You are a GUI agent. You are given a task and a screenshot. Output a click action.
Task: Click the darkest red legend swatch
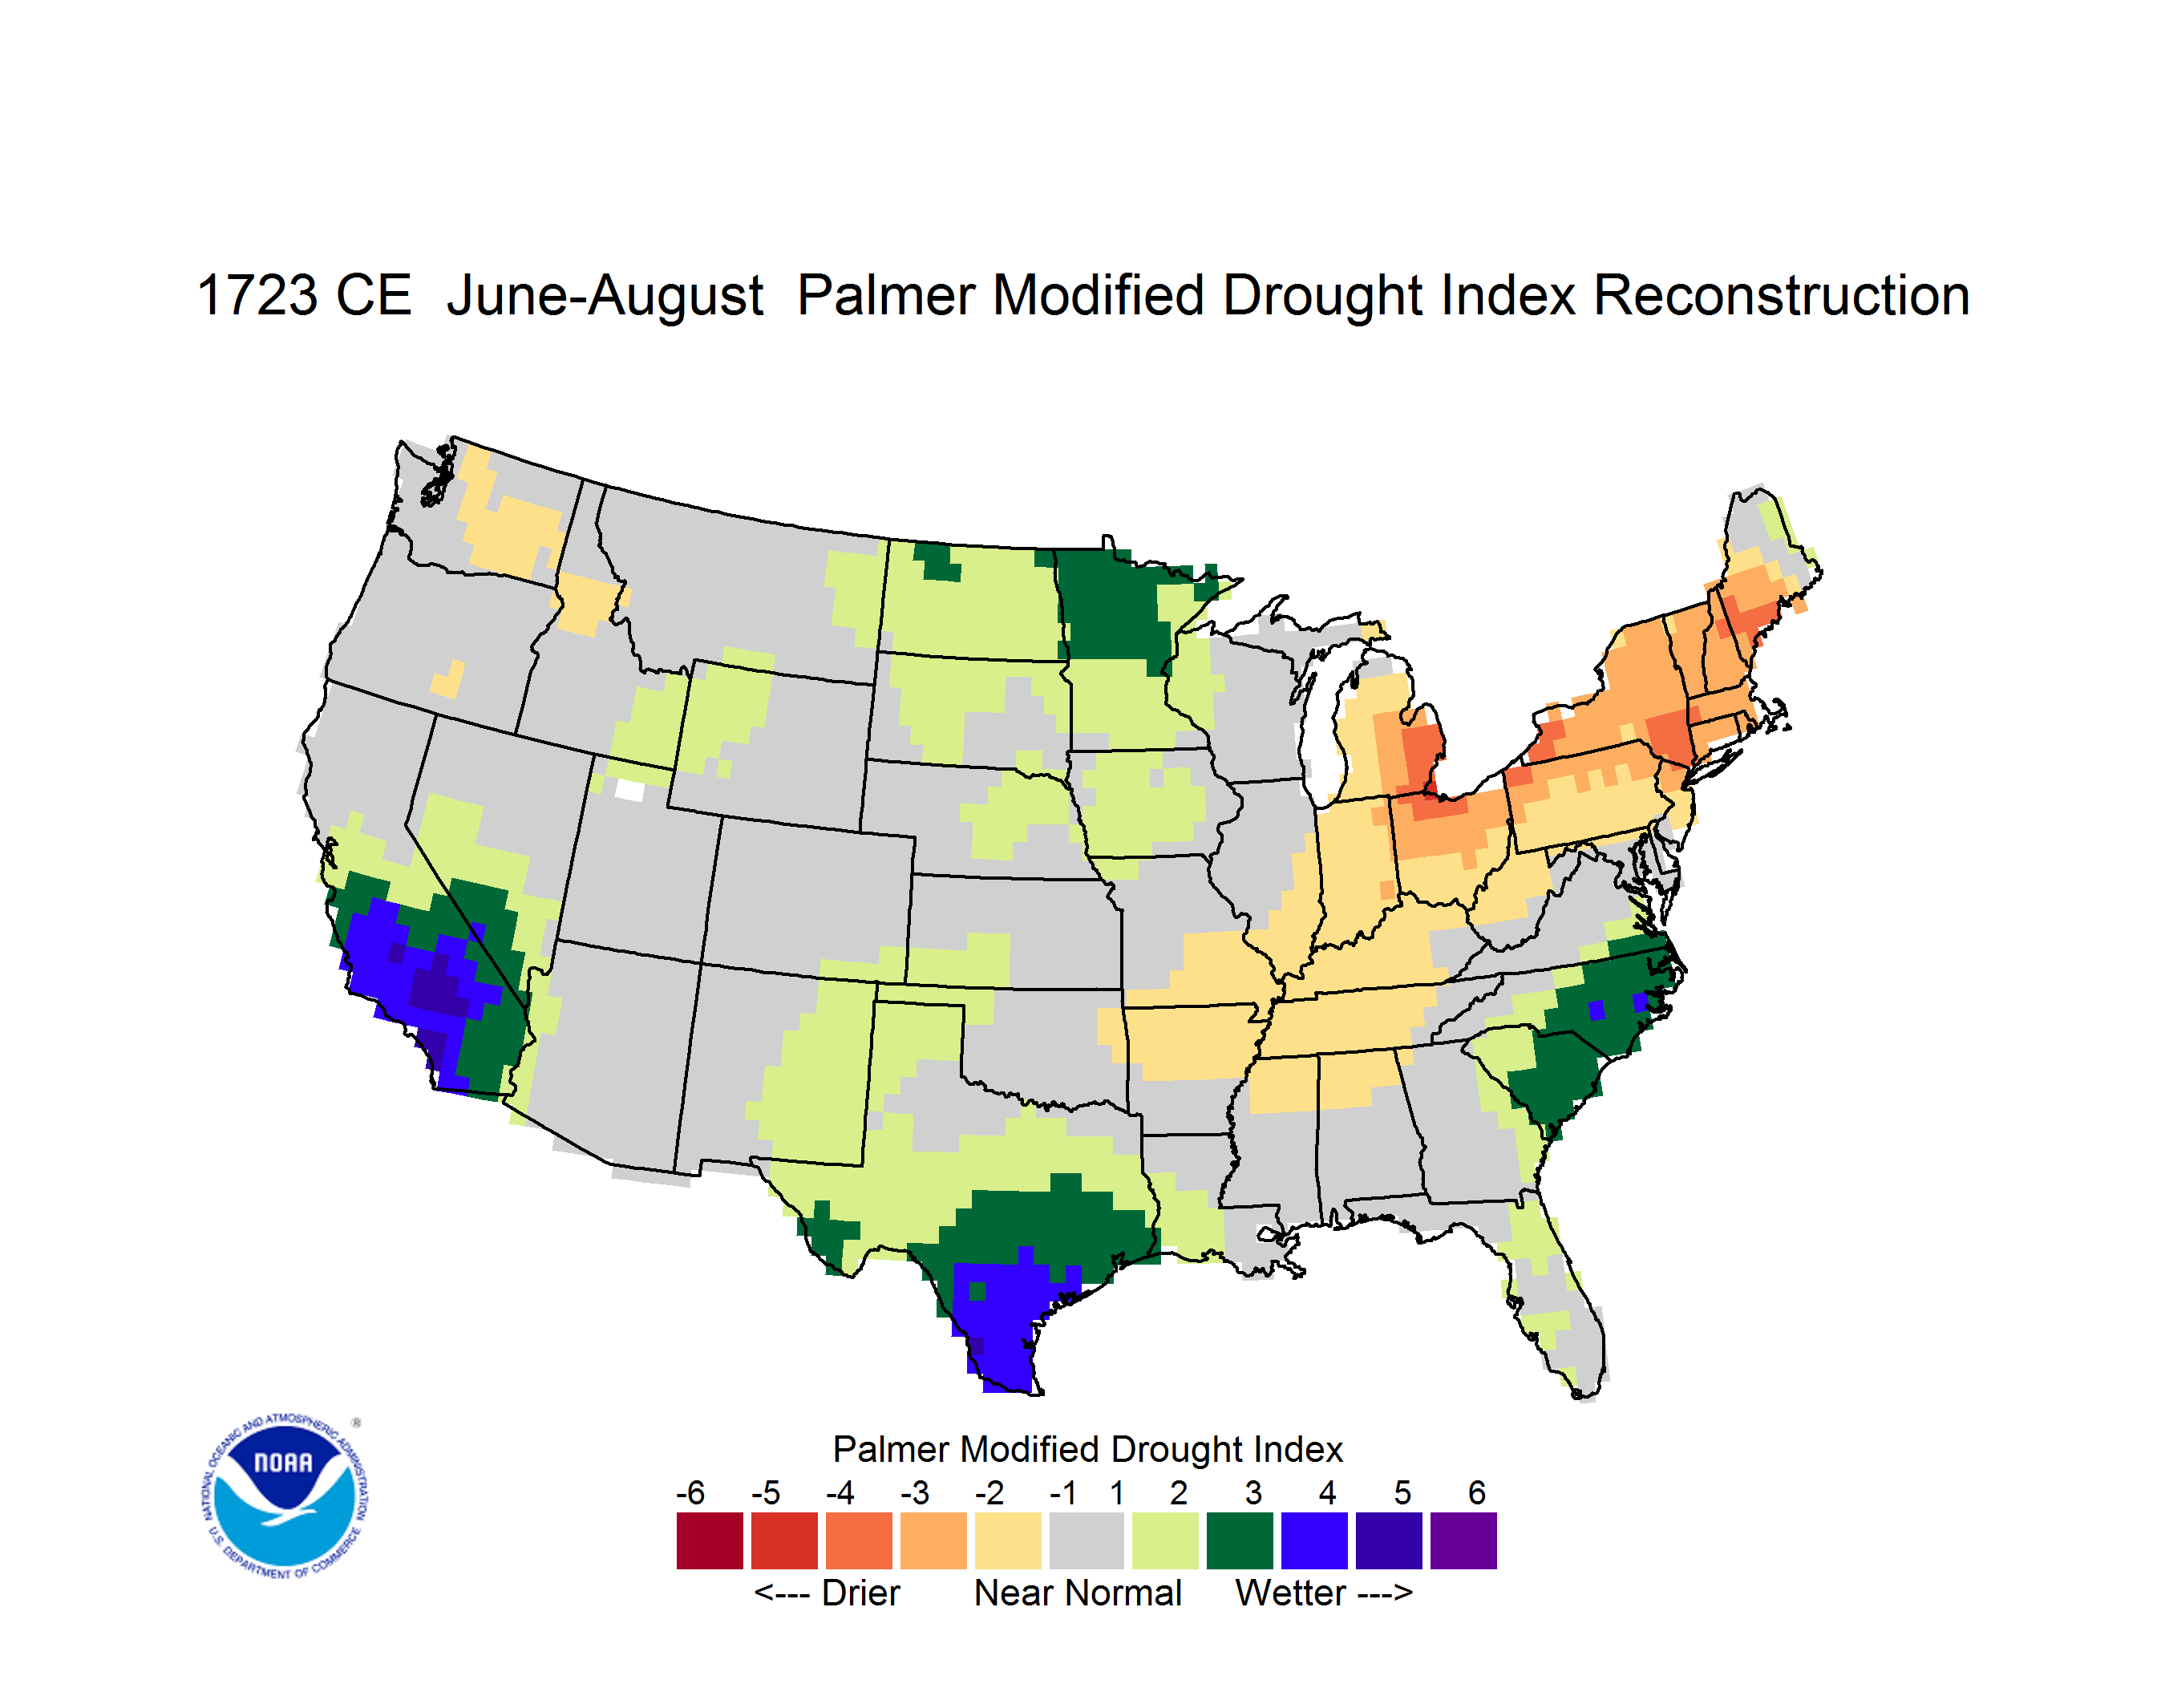coord(710,1540)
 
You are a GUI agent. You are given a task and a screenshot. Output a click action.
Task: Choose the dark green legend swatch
coord(1239,1540)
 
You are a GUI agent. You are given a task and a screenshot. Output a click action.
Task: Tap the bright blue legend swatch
coord(1313,1540)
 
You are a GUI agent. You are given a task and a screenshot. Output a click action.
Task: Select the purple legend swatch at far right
coord(1463,1540)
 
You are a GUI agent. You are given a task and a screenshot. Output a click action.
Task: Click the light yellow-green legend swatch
coord(1165,1540)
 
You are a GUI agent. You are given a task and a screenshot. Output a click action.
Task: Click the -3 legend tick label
coord(914,1492)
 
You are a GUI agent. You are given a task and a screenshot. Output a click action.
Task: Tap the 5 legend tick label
coord(1402,1492)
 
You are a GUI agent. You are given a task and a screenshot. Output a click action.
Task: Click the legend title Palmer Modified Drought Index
coord(1087,1449)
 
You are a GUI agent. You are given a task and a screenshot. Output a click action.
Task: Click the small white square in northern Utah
coord(629,790)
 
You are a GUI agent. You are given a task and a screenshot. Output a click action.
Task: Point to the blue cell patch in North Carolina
coord(1596,1010)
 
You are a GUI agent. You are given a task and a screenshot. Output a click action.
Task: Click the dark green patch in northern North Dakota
coord(937,561)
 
